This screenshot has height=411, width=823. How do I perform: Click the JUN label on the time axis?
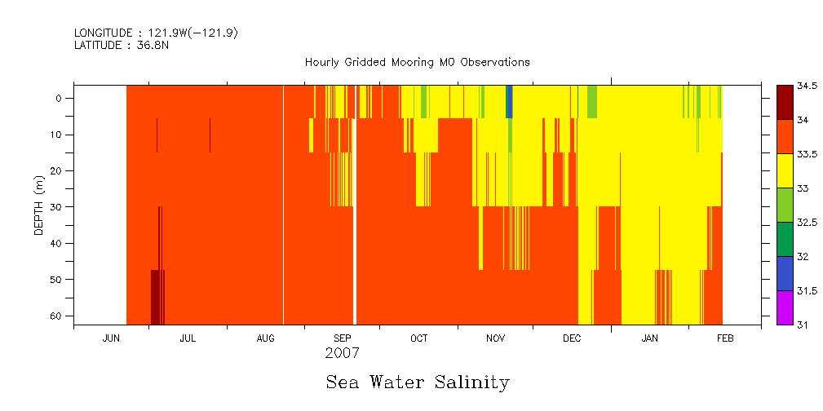pos(112,338)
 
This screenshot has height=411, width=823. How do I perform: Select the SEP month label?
pos(343,338)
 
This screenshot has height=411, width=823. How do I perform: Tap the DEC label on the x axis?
pos(572,338)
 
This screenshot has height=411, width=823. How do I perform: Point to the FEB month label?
pos(725,338)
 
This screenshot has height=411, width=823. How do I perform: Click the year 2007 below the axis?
pos(342,354)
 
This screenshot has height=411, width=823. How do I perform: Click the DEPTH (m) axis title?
pos(38,205)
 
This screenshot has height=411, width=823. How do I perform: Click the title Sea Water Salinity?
pos(418,382)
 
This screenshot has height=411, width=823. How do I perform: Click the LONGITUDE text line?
pos(156,33)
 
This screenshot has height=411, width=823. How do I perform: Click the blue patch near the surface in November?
pos(510,101)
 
